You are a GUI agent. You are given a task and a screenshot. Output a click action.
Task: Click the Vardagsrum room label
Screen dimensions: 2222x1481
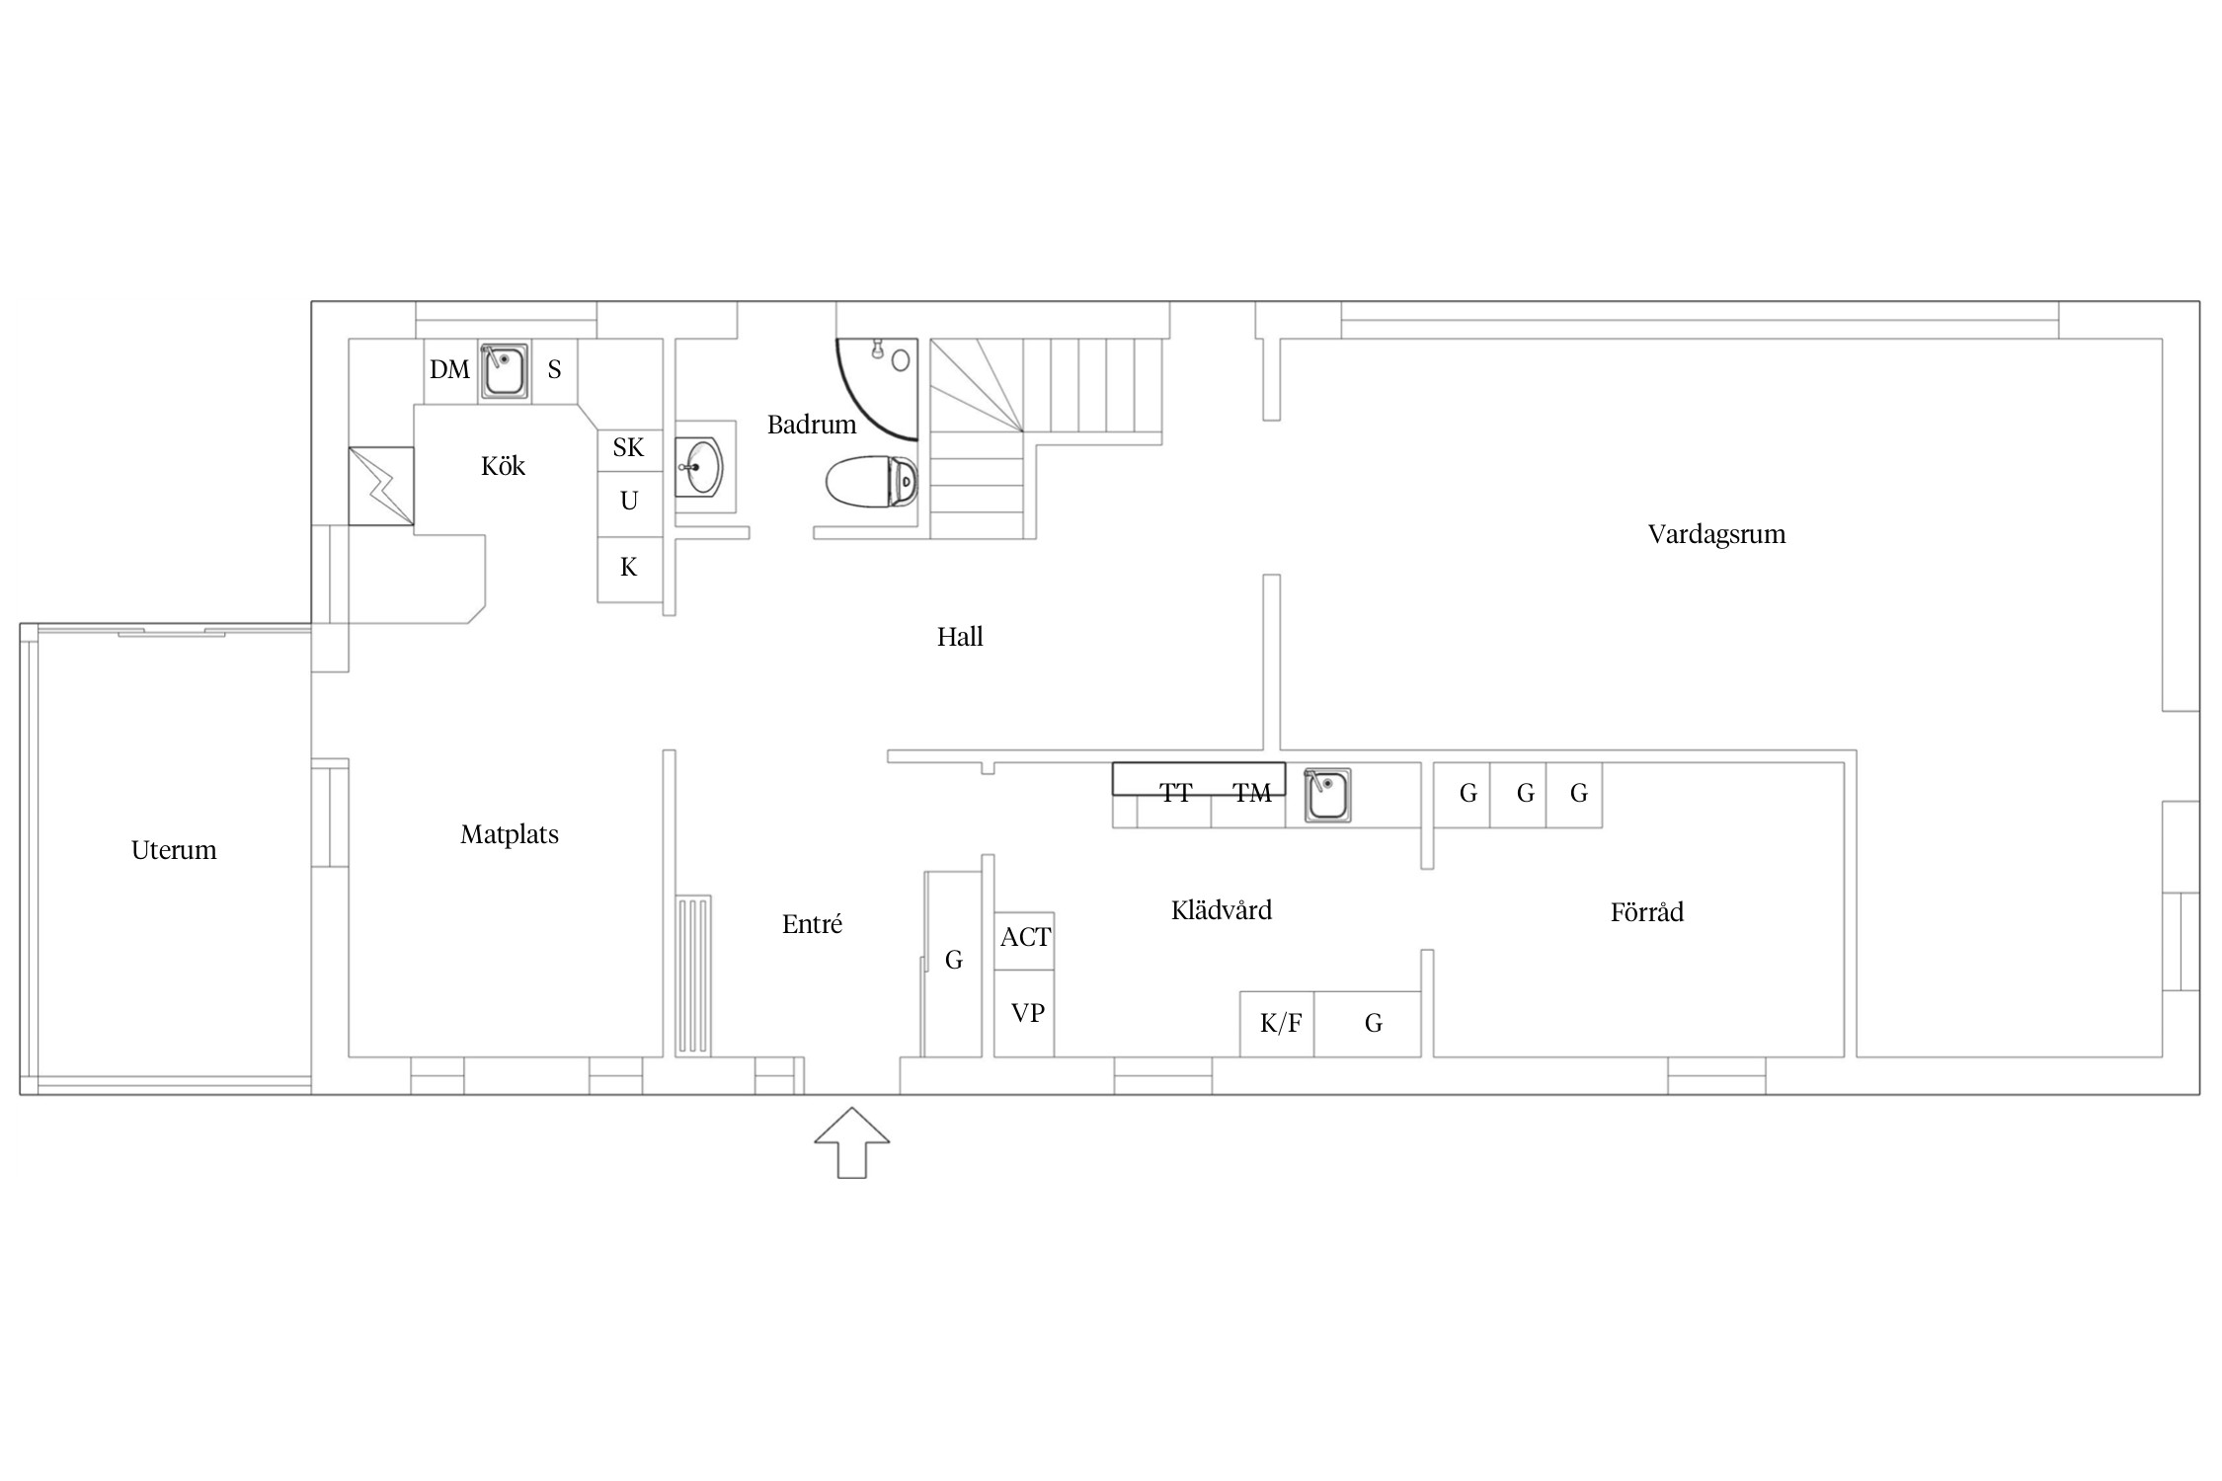click(1716, 535)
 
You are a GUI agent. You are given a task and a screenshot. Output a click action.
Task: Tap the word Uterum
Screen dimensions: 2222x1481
click(174, 850)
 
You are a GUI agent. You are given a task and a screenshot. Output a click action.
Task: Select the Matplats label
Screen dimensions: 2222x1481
click(510, 835)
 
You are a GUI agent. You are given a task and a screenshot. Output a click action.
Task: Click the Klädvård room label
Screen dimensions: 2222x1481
click(1222, 909)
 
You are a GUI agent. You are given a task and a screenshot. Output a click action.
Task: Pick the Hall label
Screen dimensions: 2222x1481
click(960, 637)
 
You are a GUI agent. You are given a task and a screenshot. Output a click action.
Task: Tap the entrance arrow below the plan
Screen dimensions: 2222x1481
click(851, 1142)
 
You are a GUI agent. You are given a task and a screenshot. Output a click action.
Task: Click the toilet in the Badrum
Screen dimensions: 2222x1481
click(872, 482)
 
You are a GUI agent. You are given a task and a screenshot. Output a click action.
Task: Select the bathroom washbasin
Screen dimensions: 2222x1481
click(699, 466)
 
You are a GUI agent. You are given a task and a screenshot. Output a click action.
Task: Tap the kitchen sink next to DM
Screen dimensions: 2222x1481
click(504, 371)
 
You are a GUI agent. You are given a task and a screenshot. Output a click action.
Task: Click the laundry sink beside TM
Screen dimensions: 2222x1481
click(1327, 795)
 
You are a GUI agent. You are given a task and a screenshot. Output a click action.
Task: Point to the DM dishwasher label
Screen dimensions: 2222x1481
click(449, 370)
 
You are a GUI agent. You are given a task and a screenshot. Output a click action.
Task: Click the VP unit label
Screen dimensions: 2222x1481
click(1027, 1013)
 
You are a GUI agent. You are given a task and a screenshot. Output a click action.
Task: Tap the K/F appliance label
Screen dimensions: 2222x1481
click(1281, 1023)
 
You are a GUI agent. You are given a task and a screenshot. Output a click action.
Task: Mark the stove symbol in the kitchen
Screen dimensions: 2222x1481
click(381, 486)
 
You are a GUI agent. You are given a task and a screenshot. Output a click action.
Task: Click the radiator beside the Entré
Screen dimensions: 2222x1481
click(693, 975)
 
